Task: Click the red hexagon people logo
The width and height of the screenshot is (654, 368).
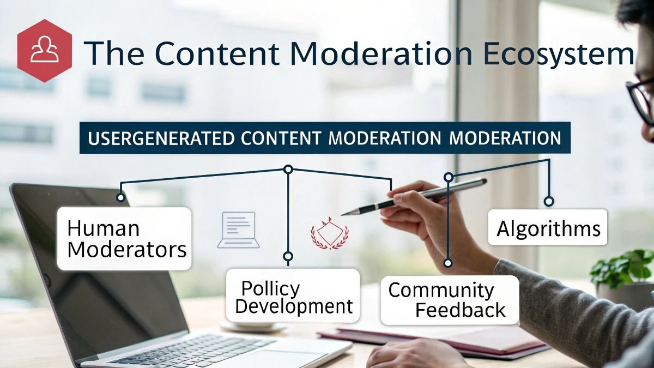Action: [45, 51]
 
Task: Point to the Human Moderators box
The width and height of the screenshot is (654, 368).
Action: [124, 239]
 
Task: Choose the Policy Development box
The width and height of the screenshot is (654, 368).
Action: [293, 297]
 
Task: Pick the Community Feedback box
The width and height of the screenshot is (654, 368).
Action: [449, 300]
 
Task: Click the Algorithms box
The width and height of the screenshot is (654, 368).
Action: [548, 227]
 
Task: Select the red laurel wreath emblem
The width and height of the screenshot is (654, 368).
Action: [329, 233]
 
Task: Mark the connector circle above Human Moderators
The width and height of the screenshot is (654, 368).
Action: [120, 197]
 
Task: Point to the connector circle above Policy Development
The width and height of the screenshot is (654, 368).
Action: [288, 256]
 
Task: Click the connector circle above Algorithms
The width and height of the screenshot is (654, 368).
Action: [549, 201]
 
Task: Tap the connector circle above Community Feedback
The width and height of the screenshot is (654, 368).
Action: [447, 263]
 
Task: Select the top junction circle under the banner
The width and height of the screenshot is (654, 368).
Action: [288, 170]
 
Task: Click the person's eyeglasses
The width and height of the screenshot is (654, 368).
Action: [641, 98]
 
